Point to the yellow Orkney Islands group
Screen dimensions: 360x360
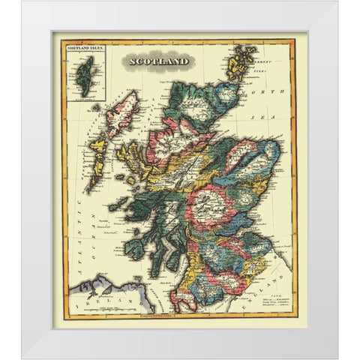242,62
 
